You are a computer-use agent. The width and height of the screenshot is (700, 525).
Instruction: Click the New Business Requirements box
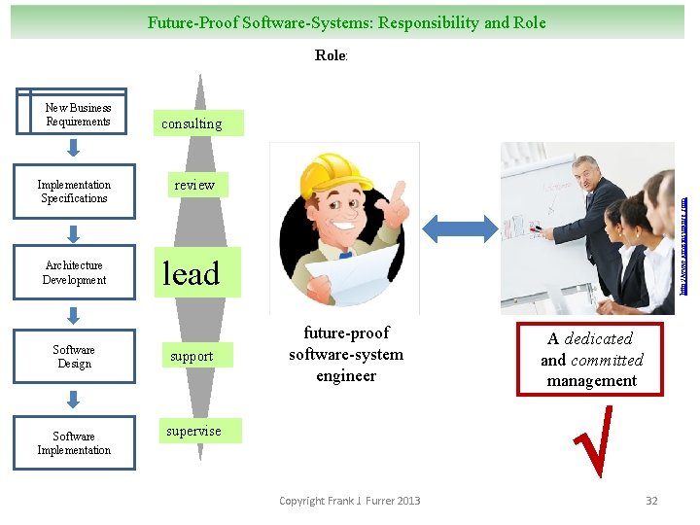[x=73, y=112]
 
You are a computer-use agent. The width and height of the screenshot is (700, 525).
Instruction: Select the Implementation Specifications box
[x=74, y=192]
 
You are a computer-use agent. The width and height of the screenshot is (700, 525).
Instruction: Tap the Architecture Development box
[x=74, y=272]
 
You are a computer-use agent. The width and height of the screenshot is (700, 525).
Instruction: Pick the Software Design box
[x=74, y=357]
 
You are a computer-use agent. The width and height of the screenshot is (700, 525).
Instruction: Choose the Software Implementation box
[x=74, y=443]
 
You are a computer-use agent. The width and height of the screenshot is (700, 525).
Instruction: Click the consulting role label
[x=192, y=123]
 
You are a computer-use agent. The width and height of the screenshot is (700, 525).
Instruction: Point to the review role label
[x=194, y=185]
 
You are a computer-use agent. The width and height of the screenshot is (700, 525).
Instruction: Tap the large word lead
[x=191, y=274]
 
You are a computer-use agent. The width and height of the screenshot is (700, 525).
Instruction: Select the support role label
[x=192, y=356]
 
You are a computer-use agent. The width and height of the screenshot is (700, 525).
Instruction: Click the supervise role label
[x=192, y=431]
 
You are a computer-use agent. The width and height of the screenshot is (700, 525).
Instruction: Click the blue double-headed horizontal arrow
[x=459, y=229]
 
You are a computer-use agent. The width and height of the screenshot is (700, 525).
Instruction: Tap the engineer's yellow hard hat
[x=320, y=172]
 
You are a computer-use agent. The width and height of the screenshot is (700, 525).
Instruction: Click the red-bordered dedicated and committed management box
[x=591, y=360]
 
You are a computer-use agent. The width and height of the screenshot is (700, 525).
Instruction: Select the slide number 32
[x=651, y=501]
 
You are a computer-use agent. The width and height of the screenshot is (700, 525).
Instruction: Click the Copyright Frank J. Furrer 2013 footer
[x=349, y=501]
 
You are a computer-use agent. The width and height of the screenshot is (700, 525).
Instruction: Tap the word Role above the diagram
[x=331, y=55]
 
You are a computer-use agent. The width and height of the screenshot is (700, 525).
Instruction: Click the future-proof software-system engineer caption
[x=346, y=354]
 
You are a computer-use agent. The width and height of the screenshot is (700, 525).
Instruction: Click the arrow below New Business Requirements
[x=74, y=148]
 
